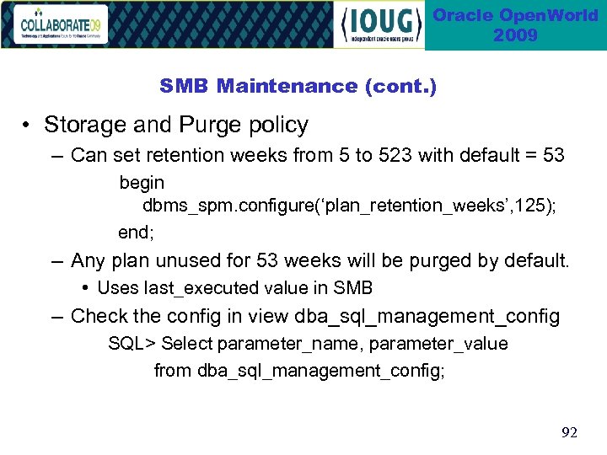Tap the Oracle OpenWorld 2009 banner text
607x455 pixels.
coord(515,25)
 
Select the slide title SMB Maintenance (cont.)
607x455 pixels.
coord(298,86)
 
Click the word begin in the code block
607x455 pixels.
coord(142,183)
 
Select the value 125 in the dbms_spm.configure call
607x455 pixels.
coord(529,206)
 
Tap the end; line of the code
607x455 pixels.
coord(136,230)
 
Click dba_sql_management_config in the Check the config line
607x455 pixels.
coord(427,317)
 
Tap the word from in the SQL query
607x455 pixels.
coord(172,370)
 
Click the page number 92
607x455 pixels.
coord(570,432)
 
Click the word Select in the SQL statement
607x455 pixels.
coord(186,344)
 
